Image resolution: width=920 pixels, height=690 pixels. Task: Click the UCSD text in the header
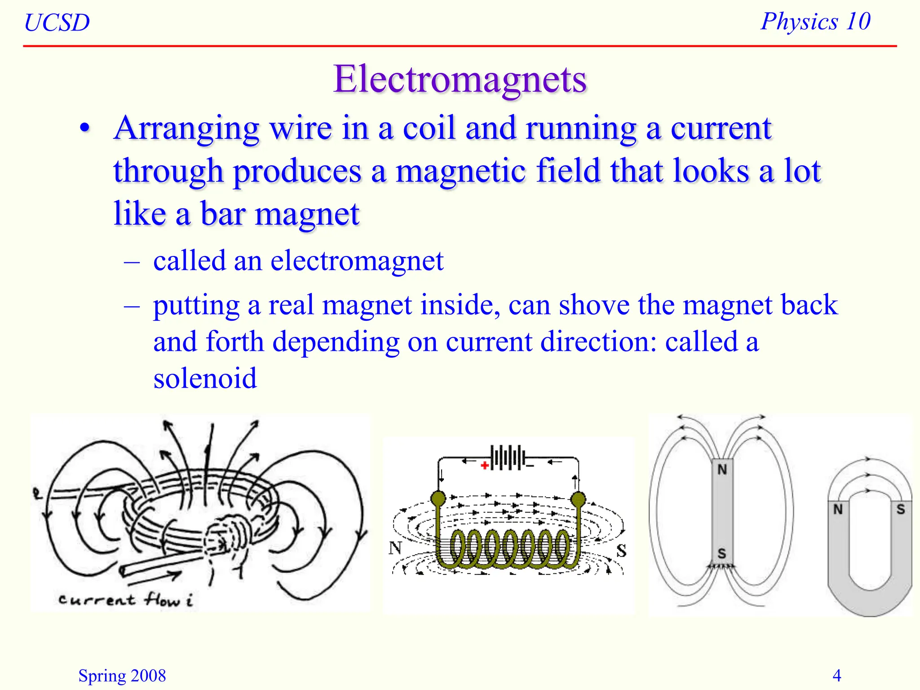(57, 22)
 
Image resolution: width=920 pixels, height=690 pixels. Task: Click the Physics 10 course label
(815, 21)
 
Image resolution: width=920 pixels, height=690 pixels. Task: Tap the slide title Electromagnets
(460, 79)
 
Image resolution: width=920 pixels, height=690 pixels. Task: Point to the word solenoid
(205, 378)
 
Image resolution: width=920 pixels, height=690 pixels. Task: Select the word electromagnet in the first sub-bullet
(357, 261)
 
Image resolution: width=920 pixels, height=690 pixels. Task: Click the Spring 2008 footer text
(122, 676)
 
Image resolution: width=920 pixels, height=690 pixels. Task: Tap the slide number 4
(836, 675)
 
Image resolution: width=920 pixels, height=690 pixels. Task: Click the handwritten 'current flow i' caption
(126, 600)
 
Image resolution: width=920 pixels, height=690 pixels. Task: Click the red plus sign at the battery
(484, 465)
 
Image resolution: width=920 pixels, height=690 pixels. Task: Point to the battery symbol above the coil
(508, 458)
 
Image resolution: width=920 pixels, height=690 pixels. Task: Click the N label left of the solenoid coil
(395, 548)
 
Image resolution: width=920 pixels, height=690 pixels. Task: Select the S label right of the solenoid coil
(621, 550)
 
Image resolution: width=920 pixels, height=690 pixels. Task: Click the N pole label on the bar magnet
(722, 469)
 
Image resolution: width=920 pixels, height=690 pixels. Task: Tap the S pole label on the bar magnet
(721, 553)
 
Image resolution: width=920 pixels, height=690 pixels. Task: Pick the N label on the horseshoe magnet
(838, 509)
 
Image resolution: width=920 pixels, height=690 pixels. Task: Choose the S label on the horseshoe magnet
(901, 509)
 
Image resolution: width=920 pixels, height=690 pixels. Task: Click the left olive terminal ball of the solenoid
(438, 498)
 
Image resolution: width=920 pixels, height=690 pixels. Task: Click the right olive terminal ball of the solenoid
(578, 499)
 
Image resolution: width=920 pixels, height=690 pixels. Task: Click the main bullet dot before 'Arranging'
(84, 129)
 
